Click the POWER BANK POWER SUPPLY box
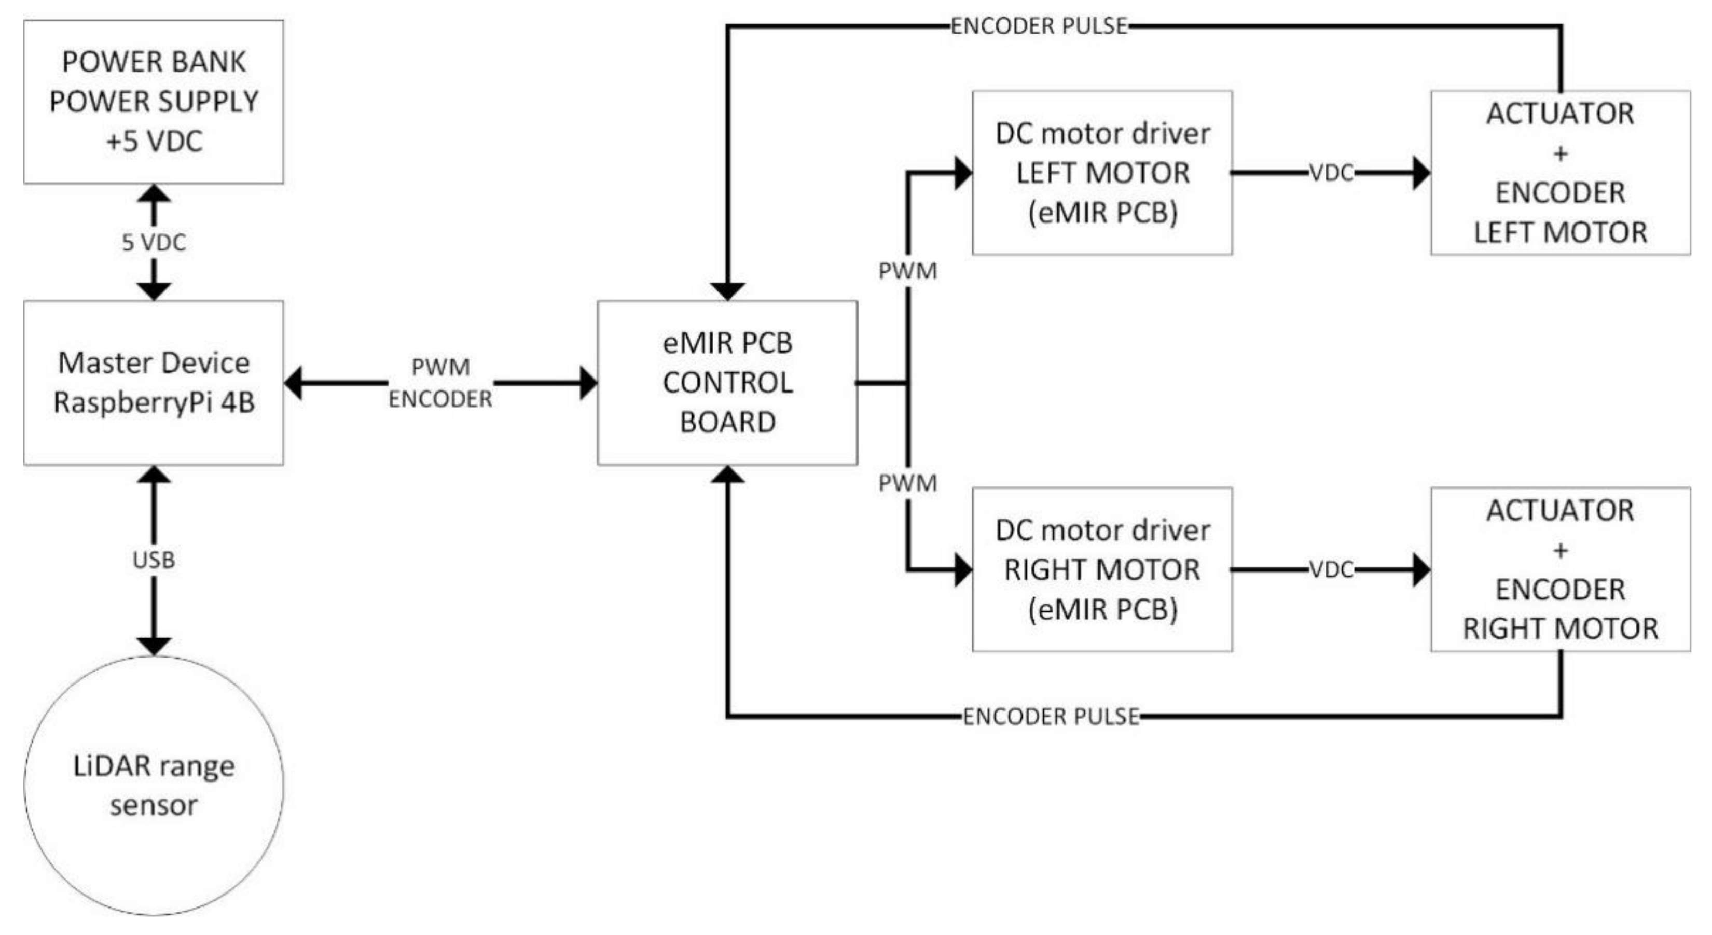pos(154,102)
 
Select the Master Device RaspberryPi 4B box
pos(154,383)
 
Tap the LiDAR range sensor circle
pos(154,786)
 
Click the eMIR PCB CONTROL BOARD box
pos(727,383)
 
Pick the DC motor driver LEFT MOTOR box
pos(1102,173)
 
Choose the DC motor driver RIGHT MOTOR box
pos(1102,569)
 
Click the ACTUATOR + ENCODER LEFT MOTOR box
pos(1560,173)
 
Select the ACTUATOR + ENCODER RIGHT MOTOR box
pos(1560,569)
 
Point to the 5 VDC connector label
pos(154,243)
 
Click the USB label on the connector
pos(154,560)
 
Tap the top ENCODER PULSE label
pos(1039,26)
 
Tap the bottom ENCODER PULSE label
pos(1051,716)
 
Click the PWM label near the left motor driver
pos(907,271)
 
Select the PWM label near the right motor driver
pos(907,483)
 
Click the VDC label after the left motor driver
pos(1331,173)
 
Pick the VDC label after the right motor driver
pos(1331,569)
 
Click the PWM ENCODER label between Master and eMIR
pos(440,383)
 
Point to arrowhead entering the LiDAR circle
pos(154,645)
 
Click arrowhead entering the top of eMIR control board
pos(727,291)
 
